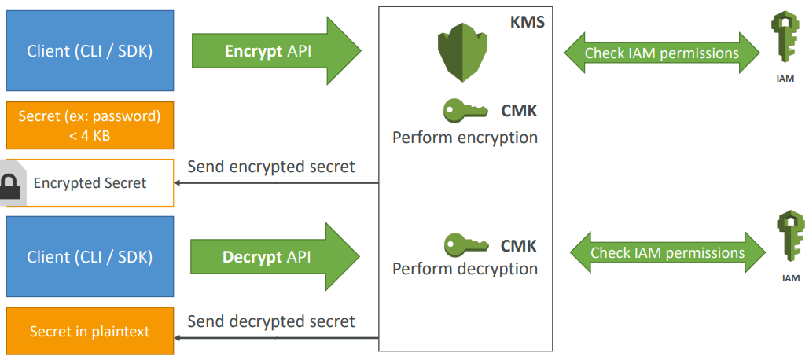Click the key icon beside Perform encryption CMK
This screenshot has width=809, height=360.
point(465,111)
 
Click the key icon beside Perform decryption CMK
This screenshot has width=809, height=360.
point(465,245)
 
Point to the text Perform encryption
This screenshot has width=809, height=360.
point(465,138)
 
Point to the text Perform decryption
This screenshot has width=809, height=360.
point(465,269)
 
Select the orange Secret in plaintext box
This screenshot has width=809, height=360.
point(90,331)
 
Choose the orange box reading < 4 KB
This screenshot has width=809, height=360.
point(90,125)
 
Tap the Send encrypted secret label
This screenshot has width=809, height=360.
point(271,167)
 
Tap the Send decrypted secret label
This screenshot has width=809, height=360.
point(271,321)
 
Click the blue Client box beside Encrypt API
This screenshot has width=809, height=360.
point(90,51)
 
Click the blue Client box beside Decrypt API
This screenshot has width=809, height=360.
point(90,256)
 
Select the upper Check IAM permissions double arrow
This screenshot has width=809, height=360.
point(661,53)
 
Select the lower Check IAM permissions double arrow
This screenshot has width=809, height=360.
point(667,253)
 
